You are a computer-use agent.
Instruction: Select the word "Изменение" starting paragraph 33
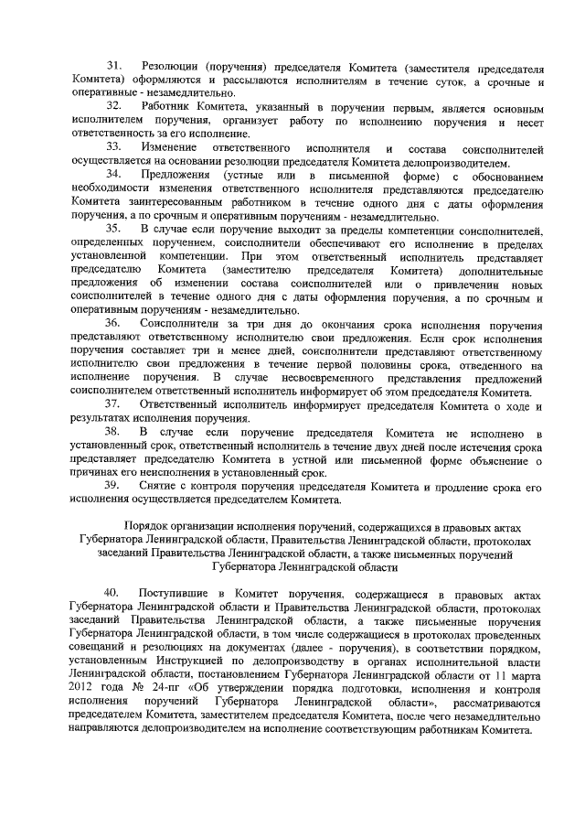coord(171,147)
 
